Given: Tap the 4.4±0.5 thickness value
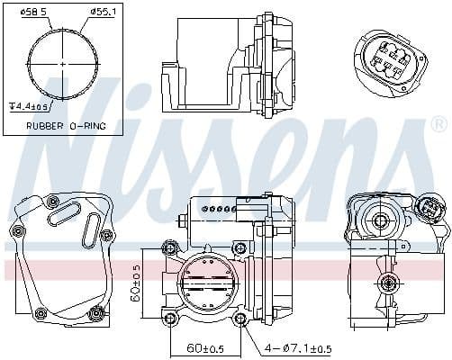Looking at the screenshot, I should click(x=30, y=107).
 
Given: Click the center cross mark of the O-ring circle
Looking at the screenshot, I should click(x=62, y=66).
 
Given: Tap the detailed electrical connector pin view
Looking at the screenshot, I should click(x=389, y=53).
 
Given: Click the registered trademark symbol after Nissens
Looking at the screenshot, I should click(x=438, y=121).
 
